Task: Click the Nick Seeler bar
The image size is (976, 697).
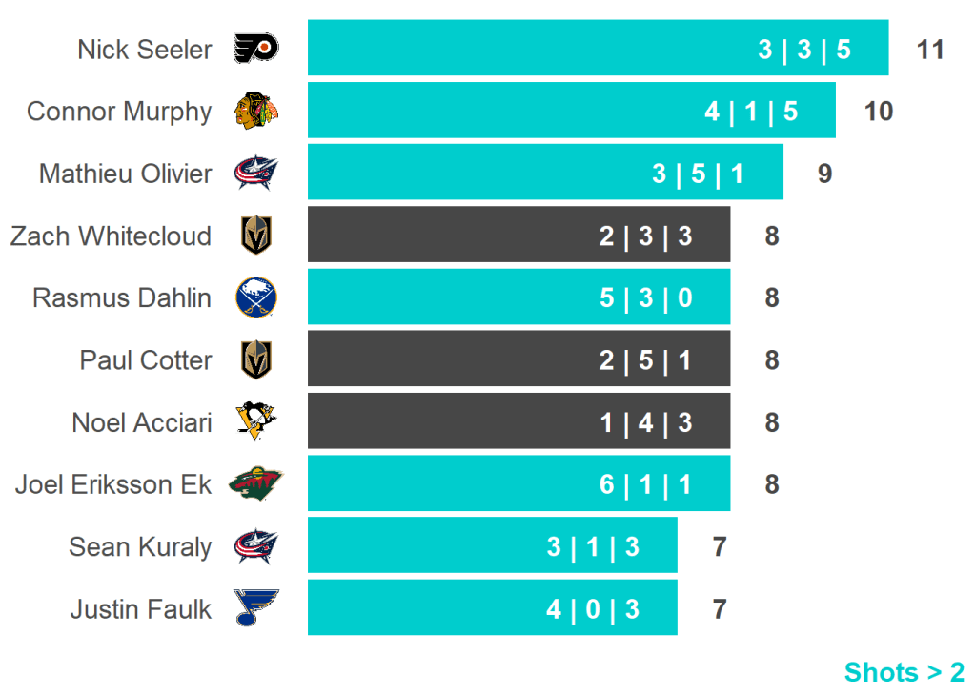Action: (598, 48)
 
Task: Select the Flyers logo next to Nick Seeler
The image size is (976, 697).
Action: (255, 49)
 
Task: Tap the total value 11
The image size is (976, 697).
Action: (929, 50)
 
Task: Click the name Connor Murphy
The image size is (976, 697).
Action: (119, 112)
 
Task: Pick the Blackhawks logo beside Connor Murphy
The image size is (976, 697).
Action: (255, 111)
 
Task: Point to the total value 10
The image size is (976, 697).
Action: (878, 112)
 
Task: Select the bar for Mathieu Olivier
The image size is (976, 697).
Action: (545, 173)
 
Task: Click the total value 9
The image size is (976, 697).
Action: (824, 174)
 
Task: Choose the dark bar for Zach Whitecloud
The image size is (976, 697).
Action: (518, 235)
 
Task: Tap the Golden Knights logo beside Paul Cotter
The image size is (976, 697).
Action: (255, 359)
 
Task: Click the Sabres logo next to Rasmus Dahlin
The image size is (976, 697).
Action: (255, 297)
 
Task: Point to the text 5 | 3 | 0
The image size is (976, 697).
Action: (645, 298)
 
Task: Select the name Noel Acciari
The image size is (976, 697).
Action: (142, 422)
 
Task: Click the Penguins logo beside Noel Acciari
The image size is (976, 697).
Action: (255, 421)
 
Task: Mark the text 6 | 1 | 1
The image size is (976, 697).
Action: (645, 484)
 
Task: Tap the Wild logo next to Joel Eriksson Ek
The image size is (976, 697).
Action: (255, 484)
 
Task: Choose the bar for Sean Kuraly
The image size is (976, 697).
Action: (492, 545)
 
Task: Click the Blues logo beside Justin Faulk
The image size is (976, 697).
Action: (255, 607)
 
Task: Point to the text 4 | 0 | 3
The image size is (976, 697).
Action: (592, 608)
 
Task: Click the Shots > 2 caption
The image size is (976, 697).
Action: (904, 672)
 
